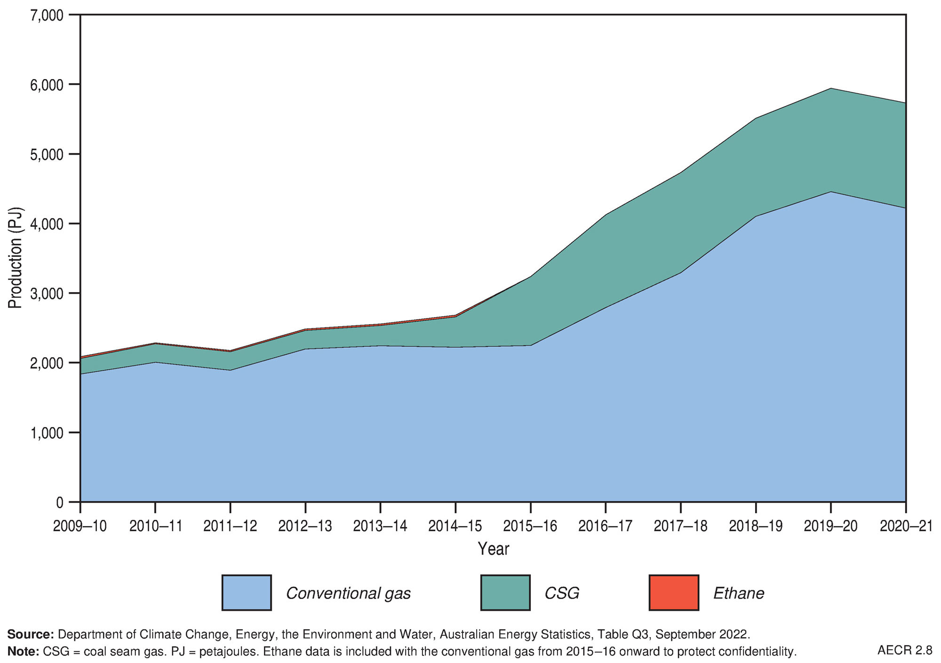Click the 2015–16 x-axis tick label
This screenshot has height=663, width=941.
[530, 526]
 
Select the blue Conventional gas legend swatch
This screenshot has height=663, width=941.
[246, 592]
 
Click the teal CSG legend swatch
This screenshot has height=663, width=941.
[505, 592]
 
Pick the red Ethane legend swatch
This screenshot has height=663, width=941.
[673, 592]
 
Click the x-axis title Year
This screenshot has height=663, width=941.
[493, 549]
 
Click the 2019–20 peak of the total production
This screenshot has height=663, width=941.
[831, 88]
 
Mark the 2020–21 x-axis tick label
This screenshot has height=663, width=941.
[906, 526]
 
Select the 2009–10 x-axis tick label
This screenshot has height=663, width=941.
[80, 526]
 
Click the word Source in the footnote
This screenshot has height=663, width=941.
[30, 634]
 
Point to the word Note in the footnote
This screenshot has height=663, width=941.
[23, 651]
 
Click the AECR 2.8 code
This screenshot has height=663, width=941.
[904, 650]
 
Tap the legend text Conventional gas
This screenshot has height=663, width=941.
[348, 593]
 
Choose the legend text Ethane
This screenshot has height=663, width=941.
[738, 593]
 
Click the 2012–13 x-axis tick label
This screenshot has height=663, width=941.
[305, 526]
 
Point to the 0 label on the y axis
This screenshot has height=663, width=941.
[59, 503]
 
